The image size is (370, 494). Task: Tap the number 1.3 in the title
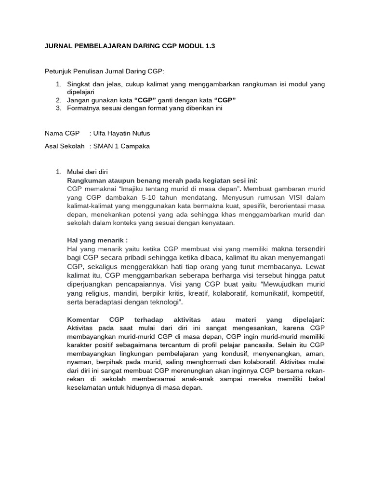tap(209, 46)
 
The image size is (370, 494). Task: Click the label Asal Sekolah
tap(65, 146)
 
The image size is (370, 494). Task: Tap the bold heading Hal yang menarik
tap(97, 240)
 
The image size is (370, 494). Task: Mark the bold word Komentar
tap(83, 319)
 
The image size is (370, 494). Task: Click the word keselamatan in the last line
tap(86, 387)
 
